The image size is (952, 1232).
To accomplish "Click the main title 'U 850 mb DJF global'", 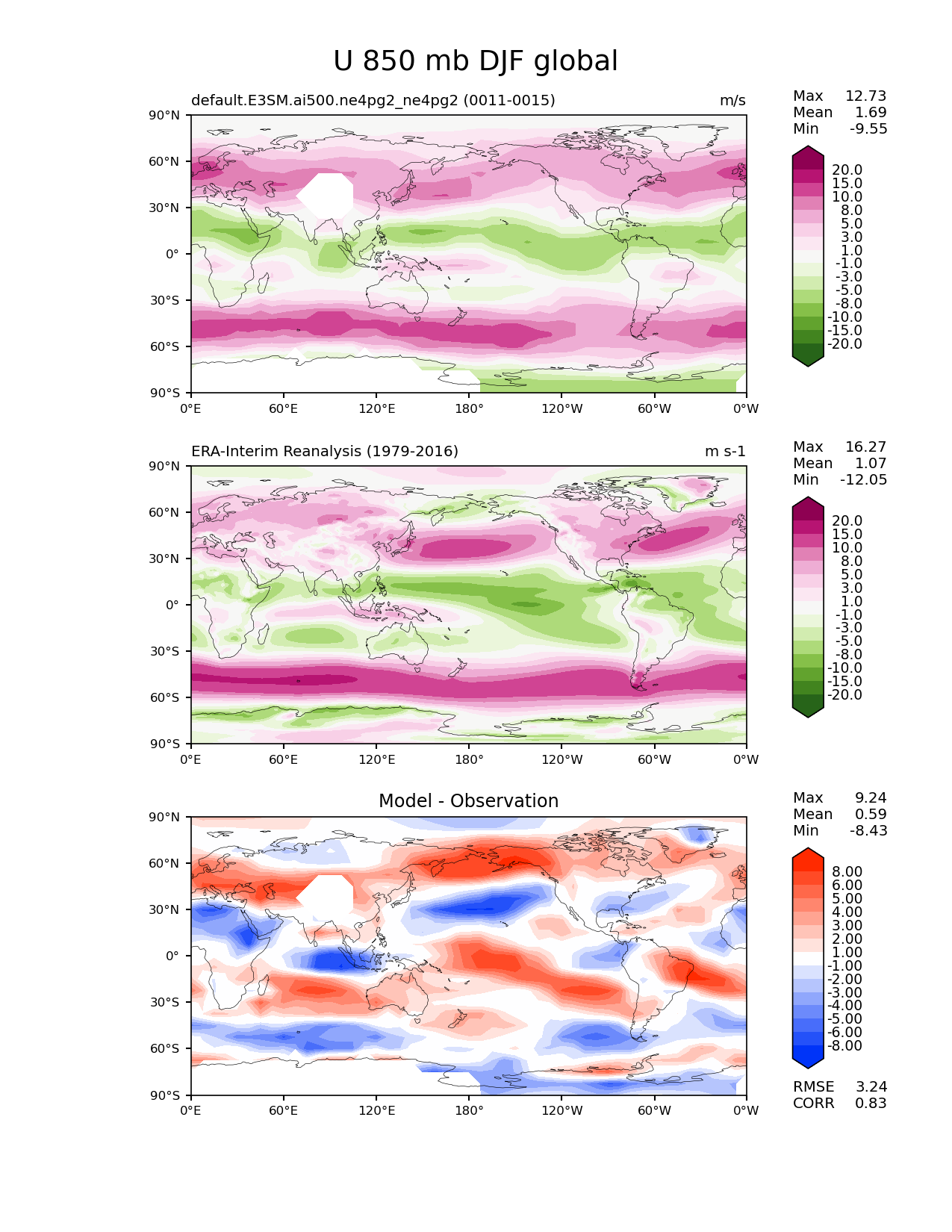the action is [x=475, y=61].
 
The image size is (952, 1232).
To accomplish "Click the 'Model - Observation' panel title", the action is [x=468, y=800].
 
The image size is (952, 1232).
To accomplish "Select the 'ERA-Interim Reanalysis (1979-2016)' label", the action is [x=325, y=451].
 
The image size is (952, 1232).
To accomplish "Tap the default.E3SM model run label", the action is [x=373, y=100].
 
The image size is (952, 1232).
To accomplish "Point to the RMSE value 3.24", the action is [x=871, y=1087].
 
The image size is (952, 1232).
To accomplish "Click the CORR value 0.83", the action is [x=871, y=1104].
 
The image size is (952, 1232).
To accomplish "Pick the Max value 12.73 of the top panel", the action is [x=866, y=96].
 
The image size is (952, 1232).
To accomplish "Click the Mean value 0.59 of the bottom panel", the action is [x=871, y=814].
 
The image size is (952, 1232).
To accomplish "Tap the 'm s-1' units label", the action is [x=725, y=451].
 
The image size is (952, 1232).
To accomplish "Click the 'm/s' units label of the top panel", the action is [x=732, y=100].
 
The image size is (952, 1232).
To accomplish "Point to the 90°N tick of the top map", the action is [x=164, y=115].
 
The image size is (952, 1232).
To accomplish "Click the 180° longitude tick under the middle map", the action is [x=469, y=759].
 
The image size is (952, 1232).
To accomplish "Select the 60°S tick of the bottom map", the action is [x=165, y=1048].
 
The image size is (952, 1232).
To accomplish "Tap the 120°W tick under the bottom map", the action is [x=562, y=1111].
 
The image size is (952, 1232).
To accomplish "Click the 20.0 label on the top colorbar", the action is [x=847, y=169].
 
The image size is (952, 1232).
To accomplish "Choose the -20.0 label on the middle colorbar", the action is [x=844, y=694].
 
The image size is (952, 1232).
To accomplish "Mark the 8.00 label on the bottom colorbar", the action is [x=847, y=871].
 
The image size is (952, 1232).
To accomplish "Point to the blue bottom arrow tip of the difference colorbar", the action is [x=807, y=1068].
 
